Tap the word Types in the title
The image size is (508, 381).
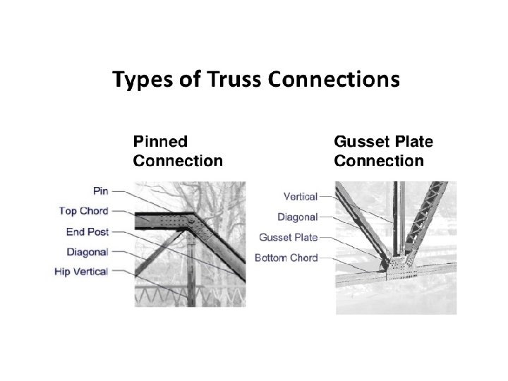[x=141, y=80]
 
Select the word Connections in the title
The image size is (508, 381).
[x=333, y=80]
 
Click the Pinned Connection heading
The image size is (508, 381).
[x=178, y=150]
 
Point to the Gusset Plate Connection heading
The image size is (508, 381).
[x=383, y=151]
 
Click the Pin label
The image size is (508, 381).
[x=100, y=190]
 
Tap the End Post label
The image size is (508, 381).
[x=87, y=231]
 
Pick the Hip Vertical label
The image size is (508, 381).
[x=81, y=271]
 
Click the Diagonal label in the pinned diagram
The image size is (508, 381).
[x=87, y=251]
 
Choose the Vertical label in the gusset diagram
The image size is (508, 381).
[x=300, y=197]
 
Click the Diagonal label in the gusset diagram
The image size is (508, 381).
[x=298, y=217]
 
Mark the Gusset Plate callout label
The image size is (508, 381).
[x=288, y=237]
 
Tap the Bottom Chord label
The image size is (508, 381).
[x=286, y=258]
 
